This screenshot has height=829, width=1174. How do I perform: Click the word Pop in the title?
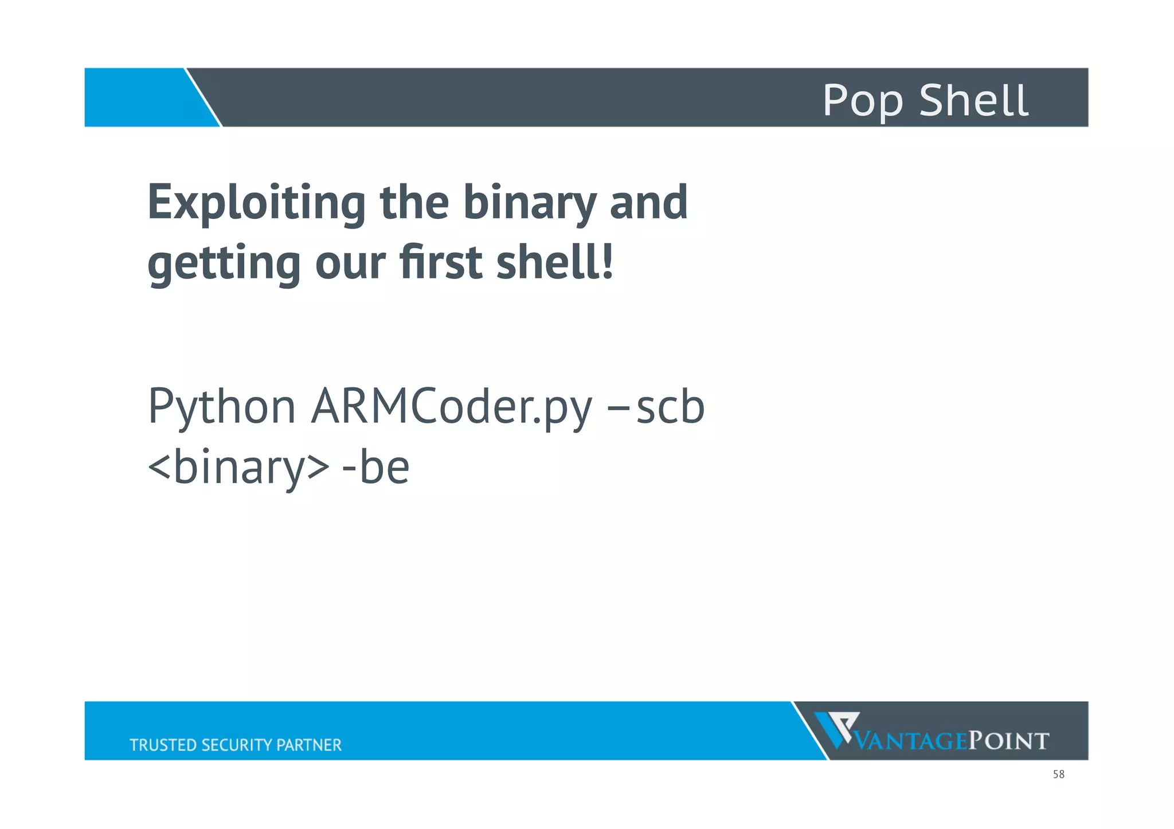pos(862,100)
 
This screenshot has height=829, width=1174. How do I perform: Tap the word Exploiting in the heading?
pos(256,203)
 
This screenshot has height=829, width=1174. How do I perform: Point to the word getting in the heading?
pos(224,264)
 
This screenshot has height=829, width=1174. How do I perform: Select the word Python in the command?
pos(222,407)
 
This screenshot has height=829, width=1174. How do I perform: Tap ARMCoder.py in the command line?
pos(452,407)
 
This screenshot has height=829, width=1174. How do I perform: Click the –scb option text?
pos(656,407)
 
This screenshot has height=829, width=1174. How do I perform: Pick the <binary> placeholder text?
pos(238,467)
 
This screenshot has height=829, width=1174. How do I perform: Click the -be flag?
pos(375,467)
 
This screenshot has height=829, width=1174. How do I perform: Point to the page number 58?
pos(1058,775)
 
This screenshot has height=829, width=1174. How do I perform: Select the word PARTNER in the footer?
pos(309,745)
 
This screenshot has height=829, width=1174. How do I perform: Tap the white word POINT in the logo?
pos(1008,741)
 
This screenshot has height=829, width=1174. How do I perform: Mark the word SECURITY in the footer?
pos(237,745)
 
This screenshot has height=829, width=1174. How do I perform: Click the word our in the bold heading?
pos(350,264)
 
